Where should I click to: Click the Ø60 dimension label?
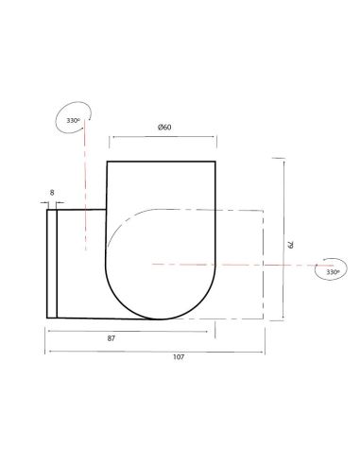pos(163,129)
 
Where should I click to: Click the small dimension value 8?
pos(51,193)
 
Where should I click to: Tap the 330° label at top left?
pos(72,121)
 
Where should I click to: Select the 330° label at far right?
pos(331,271)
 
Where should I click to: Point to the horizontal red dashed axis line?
pos(236,262)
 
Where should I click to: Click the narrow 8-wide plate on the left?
pos(52,264)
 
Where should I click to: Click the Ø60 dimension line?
pos(165,138)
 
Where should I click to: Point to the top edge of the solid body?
pos(163,163)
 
